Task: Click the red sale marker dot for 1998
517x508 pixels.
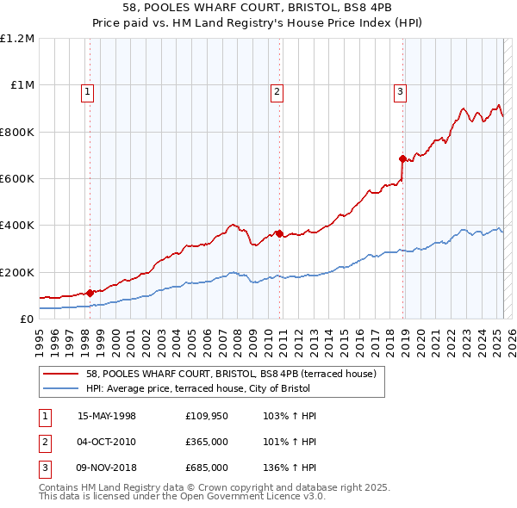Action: coord(90,293)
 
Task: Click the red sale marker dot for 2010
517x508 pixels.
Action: coord(279,233)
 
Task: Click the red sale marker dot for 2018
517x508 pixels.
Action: coord(402,158)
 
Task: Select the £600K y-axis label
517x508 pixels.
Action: coord(17,179)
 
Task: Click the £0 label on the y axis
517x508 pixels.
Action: coord(27,319)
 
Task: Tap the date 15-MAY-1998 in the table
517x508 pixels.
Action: coord(107,416)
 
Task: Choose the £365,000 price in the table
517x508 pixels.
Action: coord(207,442)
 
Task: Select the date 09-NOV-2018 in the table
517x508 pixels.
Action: coord(107,468)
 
